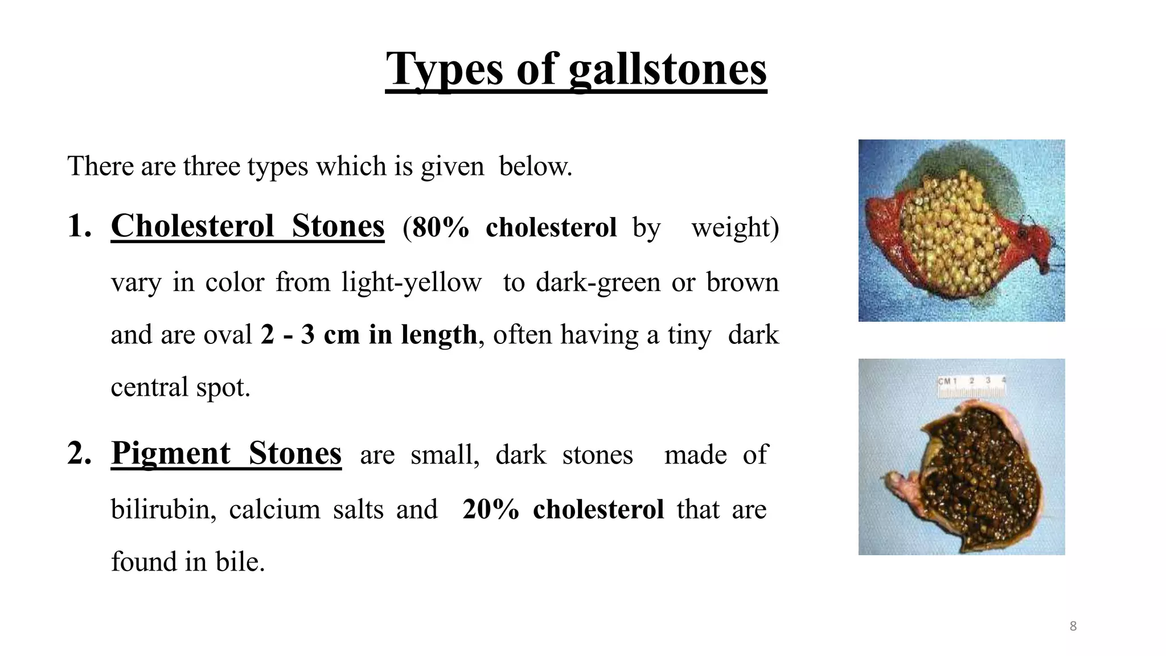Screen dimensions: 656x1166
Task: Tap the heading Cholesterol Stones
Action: click(248, 226)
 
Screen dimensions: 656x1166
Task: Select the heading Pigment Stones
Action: click(226, 454)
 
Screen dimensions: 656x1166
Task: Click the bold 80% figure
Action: click(436, 228)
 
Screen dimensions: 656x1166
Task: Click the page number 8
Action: click(1073, 626)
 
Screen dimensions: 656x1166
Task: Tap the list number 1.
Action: click(79, 226)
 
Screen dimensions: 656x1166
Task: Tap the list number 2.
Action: click(79, 454)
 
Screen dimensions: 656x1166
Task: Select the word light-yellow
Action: click(411, 282)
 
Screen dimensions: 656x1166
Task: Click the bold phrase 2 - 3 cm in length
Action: click(369, 335)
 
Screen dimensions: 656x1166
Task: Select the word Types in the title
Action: click(445, 69)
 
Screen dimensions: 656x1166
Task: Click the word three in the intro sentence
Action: click(212, 167)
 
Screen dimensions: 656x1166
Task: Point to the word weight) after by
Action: click(735, 228)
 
